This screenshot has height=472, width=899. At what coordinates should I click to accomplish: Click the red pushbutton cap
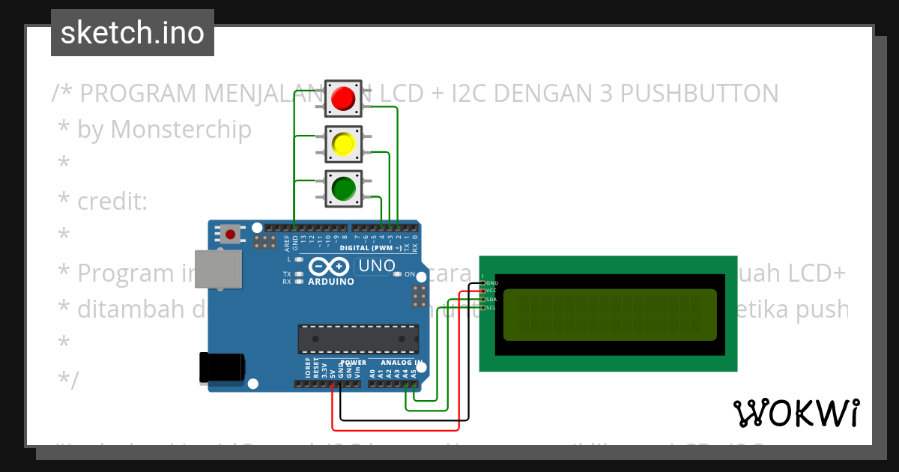pyautogui.click(x=343, y=98)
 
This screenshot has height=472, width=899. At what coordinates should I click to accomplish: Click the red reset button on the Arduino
pyautogui.click(x=230, y=235)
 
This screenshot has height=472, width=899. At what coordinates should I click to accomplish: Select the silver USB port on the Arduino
pyautogui.click(x=218, y=268)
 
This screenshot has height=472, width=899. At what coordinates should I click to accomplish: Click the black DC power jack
pyautogui.click(x=222, y=367)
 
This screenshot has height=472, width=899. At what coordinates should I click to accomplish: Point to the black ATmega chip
pyautogui.click(x=358, y=339)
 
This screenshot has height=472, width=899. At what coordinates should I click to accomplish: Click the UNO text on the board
pyautogui.click(x=377, y=266)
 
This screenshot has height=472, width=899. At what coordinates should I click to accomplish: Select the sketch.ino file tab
pyautogui.click(x=133, y=33)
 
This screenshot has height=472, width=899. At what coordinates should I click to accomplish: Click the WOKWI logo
pyautogui.click(x=796, y=413)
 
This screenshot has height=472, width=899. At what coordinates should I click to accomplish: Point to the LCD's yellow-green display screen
pyautogui.click(x=610, y=314)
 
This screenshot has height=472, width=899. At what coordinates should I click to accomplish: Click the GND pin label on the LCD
pyautogui.click(x=491, y=282)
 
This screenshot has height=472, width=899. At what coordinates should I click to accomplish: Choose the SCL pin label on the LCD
pyautogui.click(x=491, y=308)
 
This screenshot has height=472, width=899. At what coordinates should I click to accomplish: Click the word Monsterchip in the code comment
pyautogui.click(x=181, y=130)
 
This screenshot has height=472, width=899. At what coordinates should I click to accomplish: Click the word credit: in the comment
pyautogui.click(x=112, y=202)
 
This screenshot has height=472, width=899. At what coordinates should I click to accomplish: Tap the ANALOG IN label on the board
pyautogui.click(x=399, y=362)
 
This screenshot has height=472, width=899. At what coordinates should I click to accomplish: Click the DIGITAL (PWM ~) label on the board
pyautogui.click(x=370, y=248)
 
